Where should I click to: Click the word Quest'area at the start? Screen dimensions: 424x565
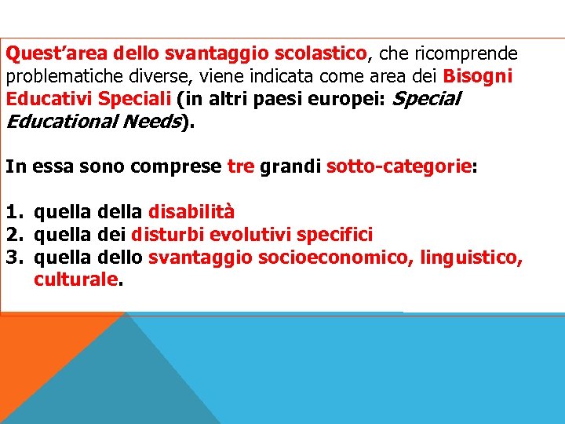point(56,53)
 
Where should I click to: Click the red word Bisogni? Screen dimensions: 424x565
point(477,77)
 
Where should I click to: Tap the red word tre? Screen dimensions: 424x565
point(240,166)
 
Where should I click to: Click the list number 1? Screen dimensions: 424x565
point(13,212)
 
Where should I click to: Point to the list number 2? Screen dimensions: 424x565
point(13,235)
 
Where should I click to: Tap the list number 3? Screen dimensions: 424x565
point(13,258)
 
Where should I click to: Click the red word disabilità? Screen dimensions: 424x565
point(191,212)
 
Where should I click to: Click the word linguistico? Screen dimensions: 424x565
point(471,258)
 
